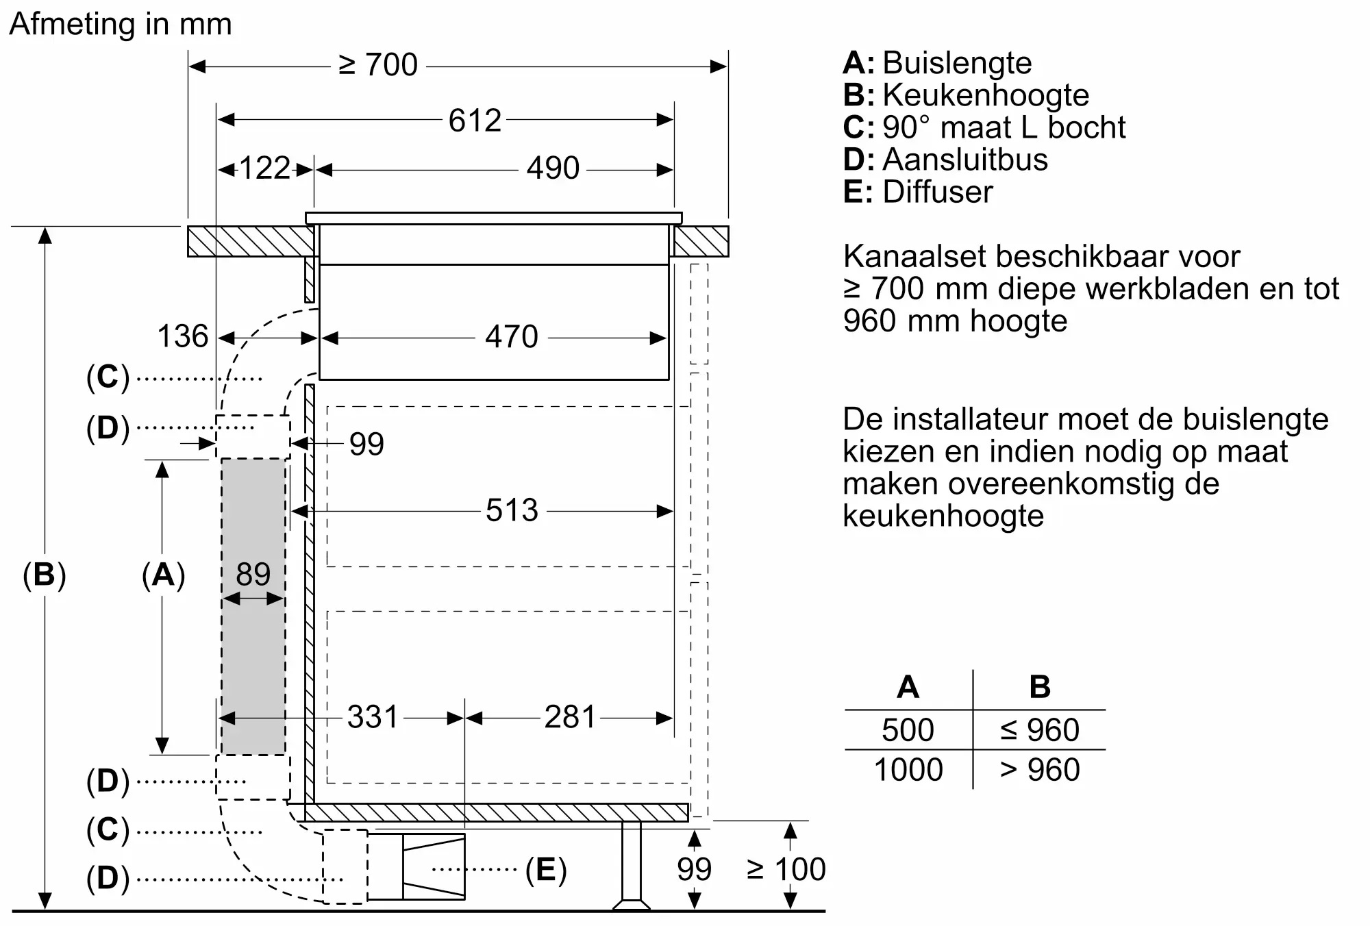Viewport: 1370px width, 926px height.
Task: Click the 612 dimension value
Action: (x=475, y=121)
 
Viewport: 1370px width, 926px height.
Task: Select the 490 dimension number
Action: (x=553, y=168)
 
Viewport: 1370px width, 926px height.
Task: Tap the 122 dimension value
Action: (x=264, y=168)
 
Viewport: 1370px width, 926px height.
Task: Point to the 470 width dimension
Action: (x=511, y=337)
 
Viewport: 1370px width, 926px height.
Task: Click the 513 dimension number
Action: (x=512, y=510)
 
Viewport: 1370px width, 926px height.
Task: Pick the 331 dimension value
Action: (x=372, y=717)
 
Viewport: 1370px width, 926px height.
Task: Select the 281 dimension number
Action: (x=570, y=717)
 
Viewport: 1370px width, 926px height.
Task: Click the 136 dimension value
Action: (x=182, y=336)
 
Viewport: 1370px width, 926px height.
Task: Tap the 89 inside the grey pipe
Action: (x=253, y=574)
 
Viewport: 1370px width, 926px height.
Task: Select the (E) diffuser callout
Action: (x=546, y=870)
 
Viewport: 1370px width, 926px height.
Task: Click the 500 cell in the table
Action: (x=908, y=730)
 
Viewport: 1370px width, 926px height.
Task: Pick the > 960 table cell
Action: (x=1039, y=770)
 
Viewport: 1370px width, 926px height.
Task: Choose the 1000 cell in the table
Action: (x=908, y=770)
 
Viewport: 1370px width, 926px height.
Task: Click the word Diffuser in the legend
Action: (x=937, y=192)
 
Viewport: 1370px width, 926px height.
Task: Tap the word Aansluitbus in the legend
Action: (x=964, y=160)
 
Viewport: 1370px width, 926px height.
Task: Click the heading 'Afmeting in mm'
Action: (x=121, y=24)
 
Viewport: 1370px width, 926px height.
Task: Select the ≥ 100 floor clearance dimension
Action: (x=786, y=869)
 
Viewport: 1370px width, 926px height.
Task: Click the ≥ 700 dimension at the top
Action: (x=378, y=65)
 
